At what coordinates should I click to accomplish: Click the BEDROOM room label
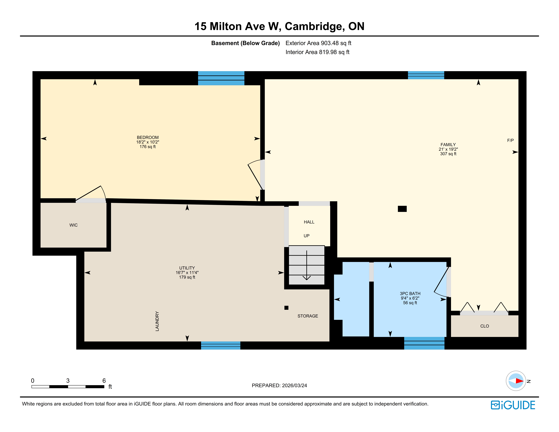[x=148, y=137]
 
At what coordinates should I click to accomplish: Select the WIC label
[x=73, y=225]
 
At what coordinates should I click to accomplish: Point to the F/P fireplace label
[x=510, y=140]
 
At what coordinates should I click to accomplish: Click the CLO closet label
[x=485, y=326]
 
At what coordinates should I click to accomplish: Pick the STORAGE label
[x=308, y=316]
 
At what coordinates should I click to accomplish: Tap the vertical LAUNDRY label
[x=157, y=321]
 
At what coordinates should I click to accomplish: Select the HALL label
[x=309, y=222]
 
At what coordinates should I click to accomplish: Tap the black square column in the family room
[x=402, y=209]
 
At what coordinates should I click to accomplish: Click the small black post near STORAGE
[x=286, y=308]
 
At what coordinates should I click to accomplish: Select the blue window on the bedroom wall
[x=221, y=78]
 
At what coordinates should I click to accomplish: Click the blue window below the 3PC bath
[x=424, y=343]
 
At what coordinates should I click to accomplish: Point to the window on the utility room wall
[x=221, y=346]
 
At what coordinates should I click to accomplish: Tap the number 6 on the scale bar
[x=104, y=381]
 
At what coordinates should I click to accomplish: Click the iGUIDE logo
[x=513, y=405]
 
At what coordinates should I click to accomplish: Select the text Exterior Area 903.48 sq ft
[x=318, y=43]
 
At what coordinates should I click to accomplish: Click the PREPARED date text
[x=279, y=385]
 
